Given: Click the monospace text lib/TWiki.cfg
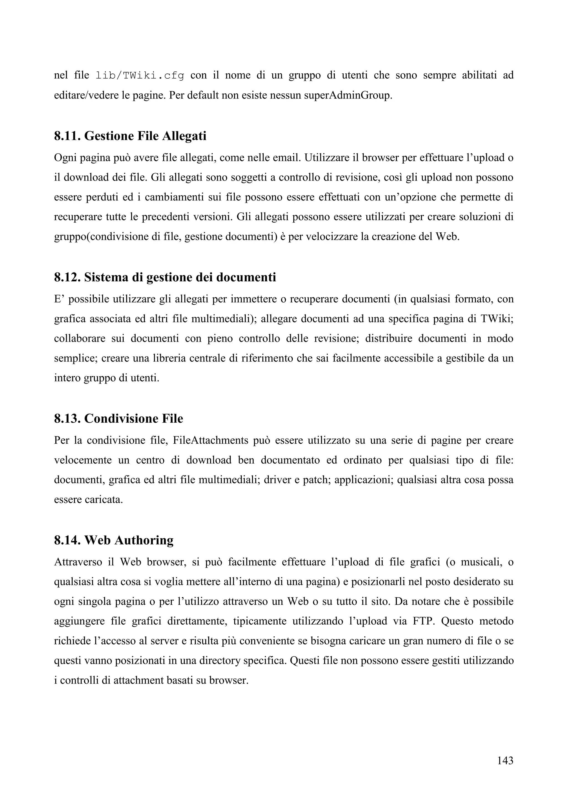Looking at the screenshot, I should point(140,75).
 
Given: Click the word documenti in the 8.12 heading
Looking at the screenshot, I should point(246,277).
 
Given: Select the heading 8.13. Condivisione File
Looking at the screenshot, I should point(119,418).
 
